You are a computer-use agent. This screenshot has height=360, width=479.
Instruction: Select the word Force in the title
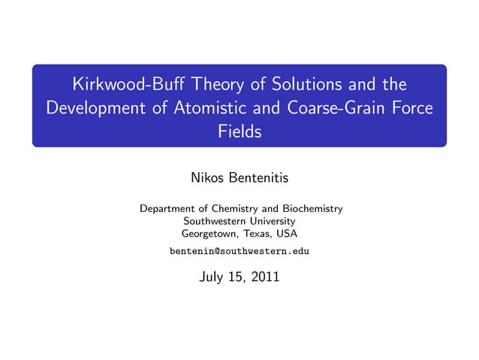[x=411, y=107]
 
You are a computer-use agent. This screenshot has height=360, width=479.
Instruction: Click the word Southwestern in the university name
[x=212, y=221]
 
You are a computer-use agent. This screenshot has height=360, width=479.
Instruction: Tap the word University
[x=270, y=221]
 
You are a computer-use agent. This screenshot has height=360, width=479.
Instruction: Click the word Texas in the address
[x=259, y=234]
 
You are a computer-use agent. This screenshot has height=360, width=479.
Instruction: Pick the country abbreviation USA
[x=287, y=234]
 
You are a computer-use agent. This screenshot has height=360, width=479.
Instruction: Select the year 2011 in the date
[x=265, y=277]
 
